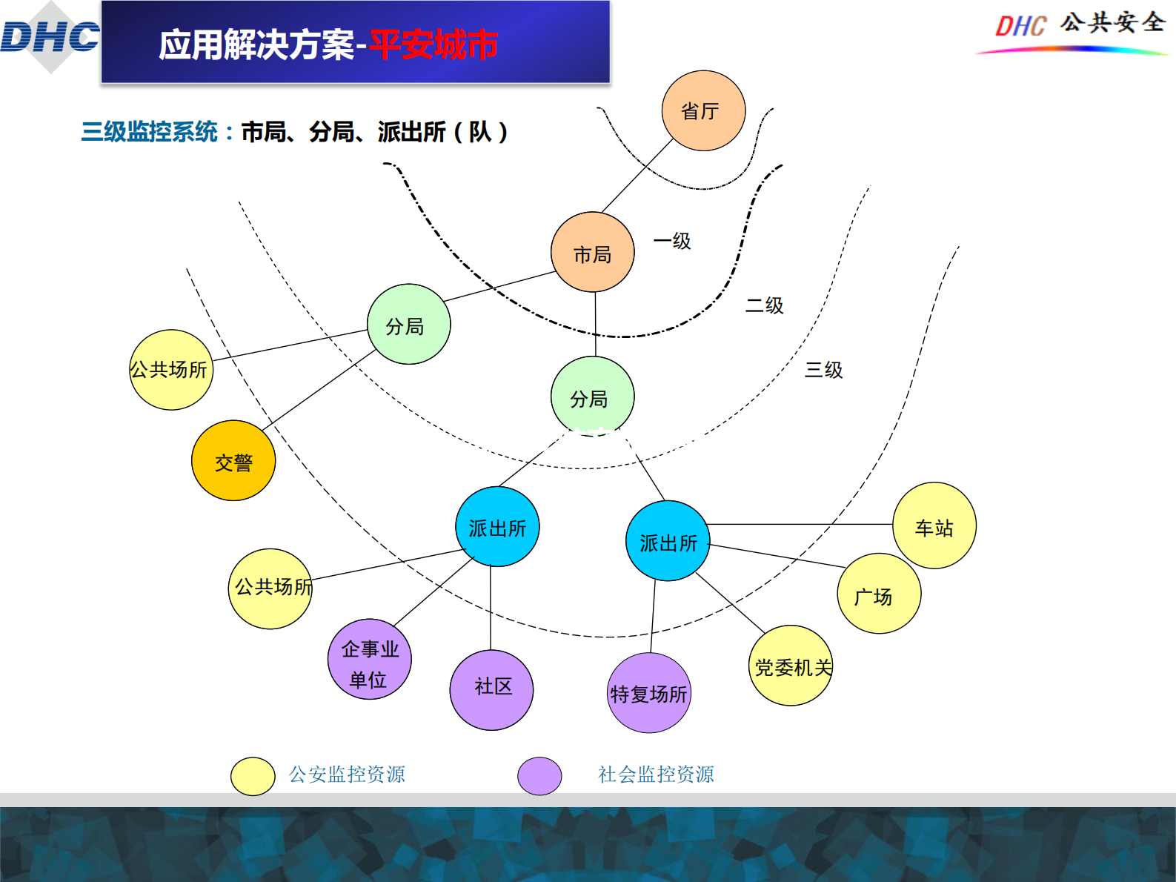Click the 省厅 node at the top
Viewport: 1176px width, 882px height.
(703, 111)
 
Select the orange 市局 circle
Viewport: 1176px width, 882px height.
(592, 253)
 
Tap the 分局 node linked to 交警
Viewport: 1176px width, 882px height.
(408, 325)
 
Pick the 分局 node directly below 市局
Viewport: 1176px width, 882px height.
(592, 397)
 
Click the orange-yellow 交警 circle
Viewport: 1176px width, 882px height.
(233, 461)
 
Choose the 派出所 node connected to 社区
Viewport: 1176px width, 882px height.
(497, 527)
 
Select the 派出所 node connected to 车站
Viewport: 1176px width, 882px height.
(668, 541)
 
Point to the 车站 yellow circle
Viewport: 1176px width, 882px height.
(934, 526)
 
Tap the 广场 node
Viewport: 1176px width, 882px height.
(879, 594)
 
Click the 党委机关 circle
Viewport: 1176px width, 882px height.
(791, 666)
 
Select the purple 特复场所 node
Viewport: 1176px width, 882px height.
(649, 693)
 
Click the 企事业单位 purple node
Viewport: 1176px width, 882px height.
(369, 660)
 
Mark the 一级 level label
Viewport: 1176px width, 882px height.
(671, 241)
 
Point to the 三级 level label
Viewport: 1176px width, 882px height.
(823, 370)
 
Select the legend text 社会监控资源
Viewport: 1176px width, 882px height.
(656, 775)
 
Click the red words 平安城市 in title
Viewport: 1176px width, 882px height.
(433, 45)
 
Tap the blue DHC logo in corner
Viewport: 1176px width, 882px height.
(50, 37)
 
